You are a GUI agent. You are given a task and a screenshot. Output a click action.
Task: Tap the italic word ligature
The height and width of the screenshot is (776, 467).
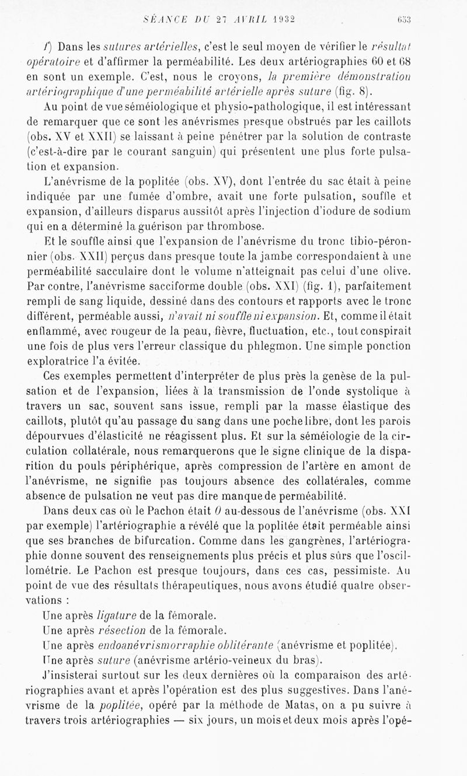118,614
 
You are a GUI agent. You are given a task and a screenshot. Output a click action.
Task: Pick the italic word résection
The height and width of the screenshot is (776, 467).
123,630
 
